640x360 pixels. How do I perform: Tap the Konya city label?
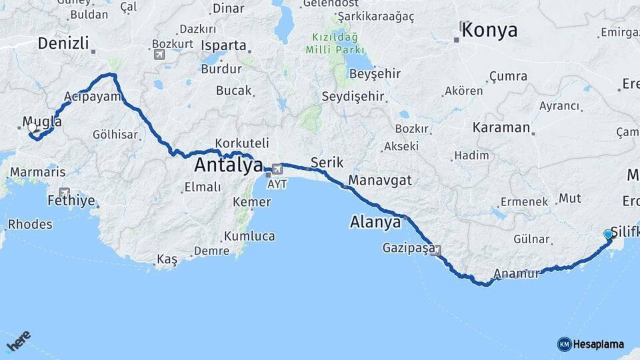[x=489, y=30]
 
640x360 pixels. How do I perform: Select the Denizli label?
[x=63, y=44]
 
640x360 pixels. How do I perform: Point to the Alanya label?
[x=375, y=223]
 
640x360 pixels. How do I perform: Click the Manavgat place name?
[x=380, y=181]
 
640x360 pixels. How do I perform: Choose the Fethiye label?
[x=71, y=200]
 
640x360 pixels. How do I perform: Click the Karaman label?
[x=501, y=127]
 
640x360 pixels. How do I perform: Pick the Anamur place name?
[x=515, y=273]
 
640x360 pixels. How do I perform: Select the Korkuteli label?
[x=242, y=143]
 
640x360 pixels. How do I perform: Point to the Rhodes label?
[x=30, y=224]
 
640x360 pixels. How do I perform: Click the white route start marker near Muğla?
[x=32, y=127]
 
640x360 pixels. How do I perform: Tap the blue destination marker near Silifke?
[x=608, y=234]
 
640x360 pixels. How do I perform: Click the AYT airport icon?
[x=277, y=169]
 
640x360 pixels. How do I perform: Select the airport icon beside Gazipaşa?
[x=437, y=251]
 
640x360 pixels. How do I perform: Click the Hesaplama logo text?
[x=598, y=344]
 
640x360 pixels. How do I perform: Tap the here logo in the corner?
[x=19, y=342]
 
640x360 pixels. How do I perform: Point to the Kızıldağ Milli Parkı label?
[x=335, y=43]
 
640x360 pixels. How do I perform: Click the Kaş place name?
[x=167, y=260]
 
